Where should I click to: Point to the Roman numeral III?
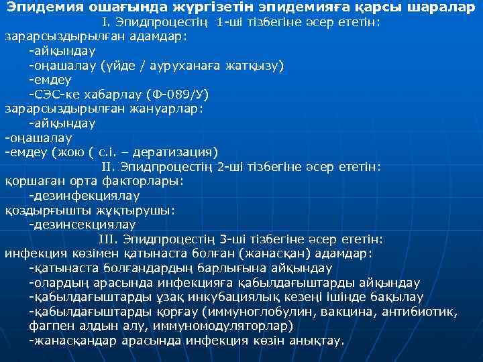click(x=108, y=239)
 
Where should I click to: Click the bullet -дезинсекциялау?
click(x=82, y=224)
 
